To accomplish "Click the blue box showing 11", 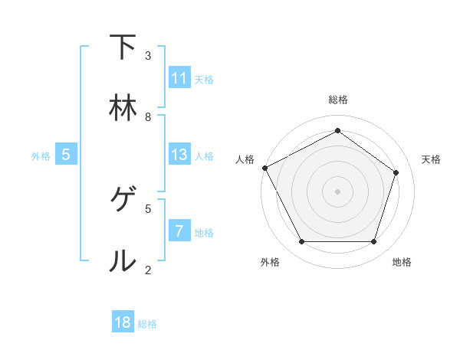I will click(179, 78).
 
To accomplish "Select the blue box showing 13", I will click(179, 155).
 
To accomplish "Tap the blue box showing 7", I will click(179, 231).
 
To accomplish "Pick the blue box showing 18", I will click(123, 322).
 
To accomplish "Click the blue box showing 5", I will click(66, 155).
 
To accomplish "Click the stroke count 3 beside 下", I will click(148, 55).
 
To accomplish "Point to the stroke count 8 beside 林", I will click(148, 116).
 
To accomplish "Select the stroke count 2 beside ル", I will click(148, 269).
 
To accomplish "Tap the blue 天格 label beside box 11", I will click(204, 79).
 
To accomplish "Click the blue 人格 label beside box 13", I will click(204, 155).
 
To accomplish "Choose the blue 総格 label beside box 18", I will click(147, 323).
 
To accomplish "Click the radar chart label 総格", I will click(337, 100).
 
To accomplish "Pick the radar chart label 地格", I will click(402, 262).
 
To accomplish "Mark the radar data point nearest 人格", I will click(264, 168).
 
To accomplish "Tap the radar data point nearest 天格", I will click(396, 172).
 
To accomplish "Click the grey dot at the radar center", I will click(337, 191).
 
